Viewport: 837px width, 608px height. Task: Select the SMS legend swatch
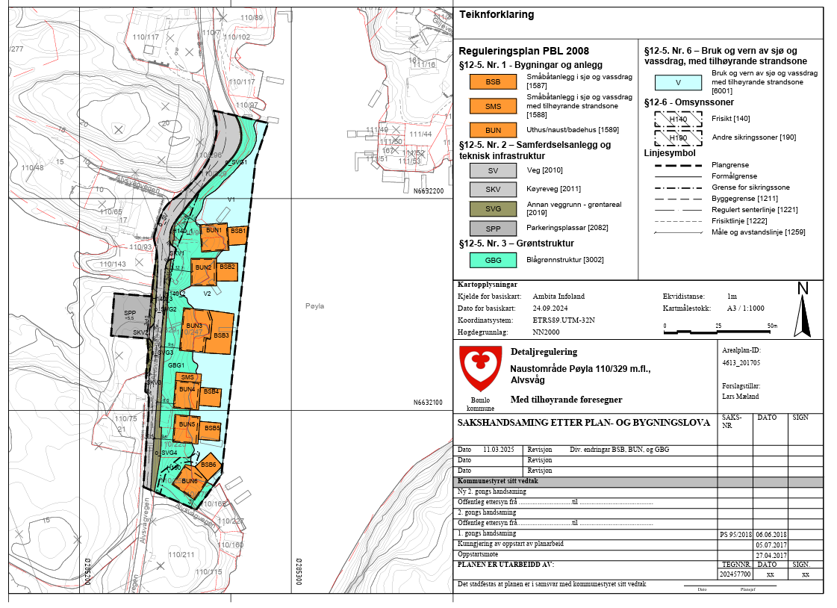click(x=493, y=107)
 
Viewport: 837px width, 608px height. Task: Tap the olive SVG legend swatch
click(x=493, y=208)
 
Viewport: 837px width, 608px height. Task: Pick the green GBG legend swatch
click(x=493, y=260)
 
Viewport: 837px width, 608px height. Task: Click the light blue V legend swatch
click(x=678, y=83)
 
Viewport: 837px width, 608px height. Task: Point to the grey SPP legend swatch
click(x=493, y=228)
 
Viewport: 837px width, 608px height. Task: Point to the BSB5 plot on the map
click(x=212, y=429)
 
